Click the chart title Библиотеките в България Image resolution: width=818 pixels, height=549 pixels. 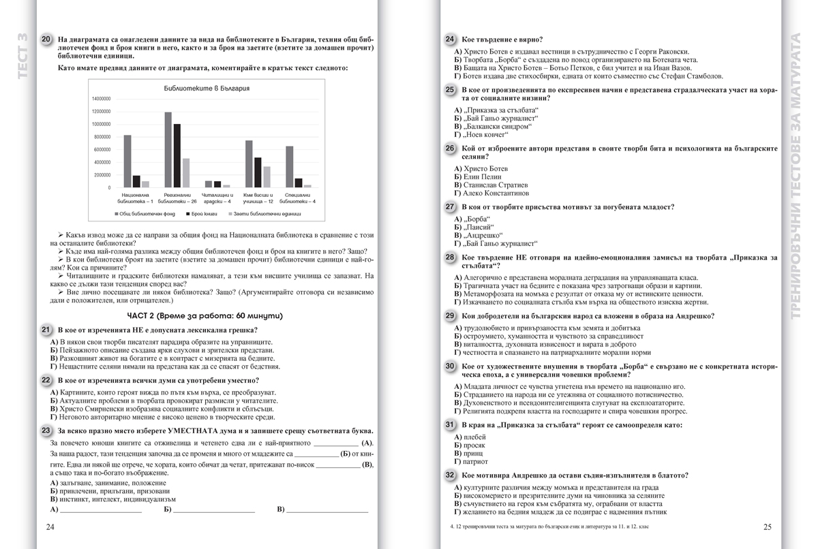[x=207, y=89]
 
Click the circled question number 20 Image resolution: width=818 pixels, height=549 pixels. [x=46, y=40]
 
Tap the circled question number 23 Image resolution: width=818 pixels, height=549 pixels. [x=46, y=430]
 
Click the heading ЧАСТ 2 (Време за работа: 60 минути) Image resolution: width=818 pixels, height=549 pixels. [x=204, y=316]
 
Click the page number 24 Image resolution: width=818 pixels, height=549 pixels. [x=50, y=527]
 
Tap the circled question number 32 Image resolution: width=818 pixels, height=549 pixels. [x=450, y=475]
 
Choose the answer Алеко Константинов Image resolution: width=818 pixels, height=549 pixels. [x=491, y=193]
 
